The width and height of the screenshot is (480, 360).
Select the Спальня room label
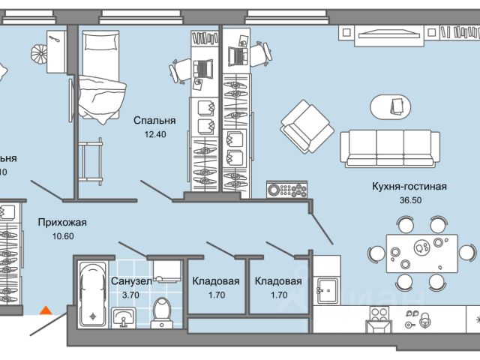(154, 120)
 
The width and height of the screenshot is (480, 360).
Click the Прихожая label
(62, 222)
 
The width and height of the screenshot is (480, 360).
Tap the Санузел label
(131, 281)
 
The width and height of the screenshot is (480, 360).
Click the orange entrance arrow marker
(46, 308)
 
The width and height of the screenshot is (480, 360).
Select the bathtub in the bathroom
(93, 295)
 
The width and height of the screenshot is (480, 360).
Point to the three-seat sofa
(390, 147)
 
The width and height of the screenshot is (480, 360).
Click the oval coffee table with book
(392, 106)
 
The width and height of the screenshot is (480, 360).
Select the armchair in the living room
(306, 126)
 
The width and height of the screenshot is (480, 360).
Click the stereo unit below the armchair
(287, 189)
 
